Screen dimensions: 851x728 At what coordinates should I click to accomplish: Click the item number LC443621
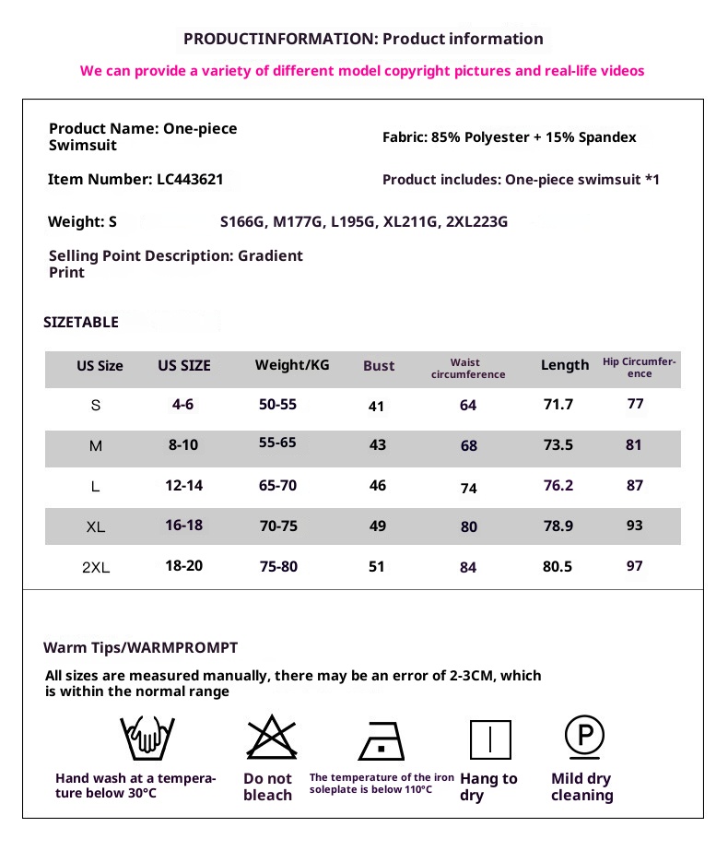coord(189,180)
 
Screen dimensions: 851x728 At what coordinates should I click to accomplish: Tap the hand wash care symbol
coord(147,738)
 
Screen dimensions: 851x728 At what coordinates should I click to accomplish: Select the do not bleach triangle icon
coord(268,738)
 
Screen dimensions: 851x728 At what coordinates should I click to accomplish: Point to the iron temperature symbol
coord(382,739)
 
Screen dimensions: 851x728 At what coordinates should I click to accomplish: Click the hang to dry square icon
coord(490,739)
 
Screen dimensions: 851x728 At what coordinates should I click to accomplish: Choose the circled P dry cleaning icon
coord(583,736)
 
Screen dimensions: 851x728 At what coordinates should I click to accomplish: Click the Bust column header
coord(379,366)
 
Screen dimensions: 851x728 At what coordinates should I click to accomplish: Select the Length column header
coord(564,365)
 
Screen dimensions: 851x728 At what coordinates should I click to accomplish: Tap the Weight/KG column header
coord(292,365)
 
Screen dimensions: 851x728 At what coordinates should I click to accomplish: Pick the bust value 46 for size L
coord(378,485)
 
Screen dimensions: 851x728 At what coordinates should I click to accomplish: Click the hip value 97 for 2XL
coord(634,565)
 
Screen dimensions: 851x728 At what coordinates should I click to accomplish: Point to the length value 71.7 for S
coord(558,405)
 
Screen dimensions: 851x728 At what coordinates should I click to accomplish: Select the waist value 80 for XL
coord(469,527)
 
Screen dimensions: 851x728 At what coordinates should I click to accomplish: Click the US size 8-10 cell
coord(183,444)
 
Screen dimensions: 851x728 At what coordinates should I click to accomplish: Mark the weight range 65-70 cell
coord(277,485)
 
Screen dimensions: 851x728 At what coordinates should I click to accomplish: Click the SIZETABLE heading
coord(81,322)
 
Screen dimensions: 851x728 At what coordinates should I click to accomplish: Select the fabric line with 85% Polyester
coord(509,137)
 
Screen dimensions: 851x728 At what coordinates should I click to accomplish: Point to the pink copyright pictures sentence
coord(362,70)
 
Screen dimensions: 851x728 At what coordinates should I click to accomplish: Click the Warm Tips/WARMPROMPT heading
coord(140,647)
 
